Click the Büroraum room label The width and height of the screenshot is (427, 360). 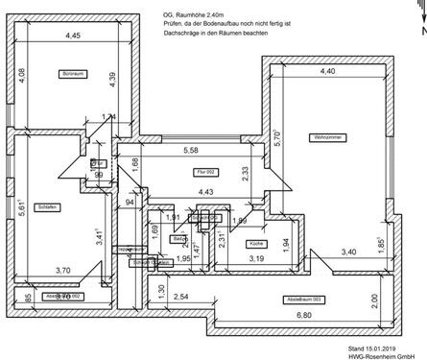[x=74, y=73]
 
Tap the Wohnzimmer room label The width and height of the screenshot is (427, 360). [x=327, y=136]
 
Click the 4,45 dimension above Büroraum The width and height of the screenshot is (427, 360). [x=73, y=36]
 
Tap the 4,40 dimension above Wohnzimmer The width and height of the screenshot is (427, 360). [x=327, y=71]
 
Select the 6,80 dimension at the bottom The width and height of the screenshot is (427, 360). [x=303, y=316]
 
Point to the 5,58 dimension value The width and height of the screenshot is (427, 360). [x=191, y=150]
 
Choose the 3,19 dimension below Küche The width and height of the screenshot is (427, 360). [x=257, y=258]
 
